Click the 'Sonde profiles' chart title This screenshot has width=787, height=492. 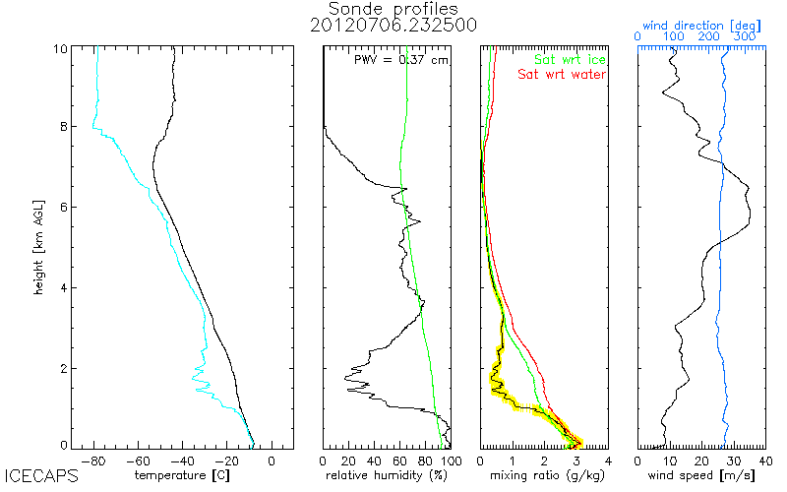[393, 9]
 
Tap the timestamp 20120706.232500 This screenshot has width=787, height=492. [393, 26]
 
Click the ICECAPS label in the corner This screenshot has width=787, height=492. [41, 475]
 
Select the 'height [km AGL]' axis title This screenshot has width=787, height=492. [38, 248]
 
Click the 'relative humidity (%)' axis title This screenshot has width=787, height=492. [387, 475]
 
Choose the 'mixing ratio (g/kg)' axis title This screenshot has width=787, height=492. [547, 475]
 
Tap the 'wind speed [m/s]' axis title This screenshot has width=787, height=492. [701, 475]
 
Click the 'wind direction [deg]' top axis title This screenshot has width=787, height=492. [701, 26]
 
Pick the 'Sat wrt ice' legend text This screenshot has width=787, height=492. [570, 59]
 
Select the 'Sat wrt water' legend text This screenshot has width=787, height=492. [562, 75]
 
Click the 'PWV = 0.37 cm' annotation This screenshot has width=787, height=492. [401, 60]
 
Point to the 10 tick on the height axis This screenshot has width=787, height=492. [60, 48]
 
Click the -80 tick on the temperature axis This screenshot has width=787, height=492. [93, 461]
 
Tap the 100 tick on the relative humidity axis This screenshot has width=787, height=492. [452, 461]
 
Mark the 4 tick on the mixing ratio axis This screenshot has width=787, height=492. [608, 461]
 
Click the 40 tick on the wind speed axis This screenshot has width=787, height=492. [765, 461]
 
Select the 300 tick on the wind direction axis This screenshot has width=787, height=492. [745, 36]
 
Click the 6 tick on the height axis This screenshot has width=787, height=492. [64, 207]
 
